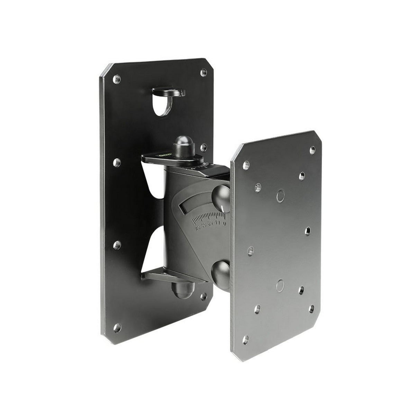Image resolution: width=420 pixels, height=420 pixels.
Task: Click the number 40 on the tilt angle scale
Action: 198,228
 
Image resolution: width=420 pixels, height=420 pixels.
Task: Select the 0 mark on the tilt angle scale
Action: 225,223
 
